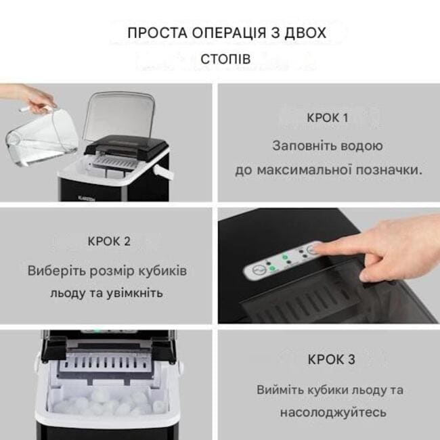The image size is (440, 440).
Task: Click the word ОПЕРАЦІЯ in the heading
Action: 229,33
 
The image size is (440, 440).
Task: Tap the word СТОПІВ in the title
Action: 225,59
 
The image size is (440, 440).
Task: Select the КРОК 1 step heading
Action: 328,118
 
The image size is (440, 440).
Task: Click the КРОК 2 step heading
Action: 109,242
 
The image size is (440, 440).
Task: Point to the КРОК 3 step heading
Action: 332,359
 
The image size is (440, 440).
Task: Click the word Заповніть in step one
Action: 304,146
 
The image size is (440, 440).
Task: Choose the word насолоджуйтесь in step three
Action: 333,413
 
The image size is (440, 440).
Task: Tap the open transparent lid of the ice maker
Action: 120,116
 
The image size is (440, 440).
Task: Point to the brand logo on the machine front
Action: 87,198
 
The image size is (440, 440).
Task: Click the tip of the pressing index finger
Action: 313,247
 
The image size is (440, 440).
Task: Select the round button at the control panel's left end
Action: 259,271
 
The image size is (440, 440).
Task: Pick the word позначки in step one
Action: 389,170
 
